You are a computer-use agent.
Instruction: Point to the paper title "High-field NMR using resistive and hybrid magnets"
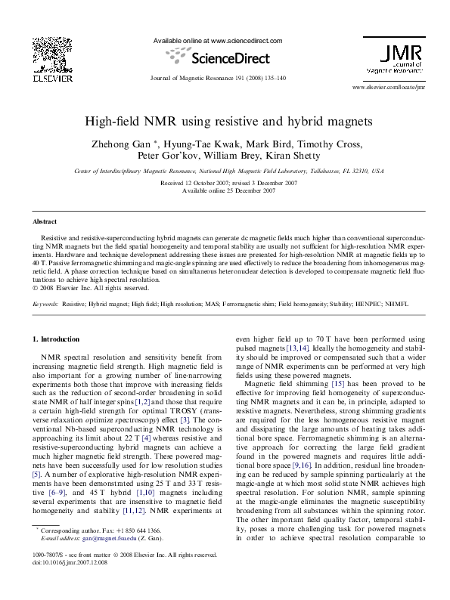pos(225,121)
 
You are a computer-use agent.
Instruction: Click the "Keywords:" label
pos(45,304)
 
